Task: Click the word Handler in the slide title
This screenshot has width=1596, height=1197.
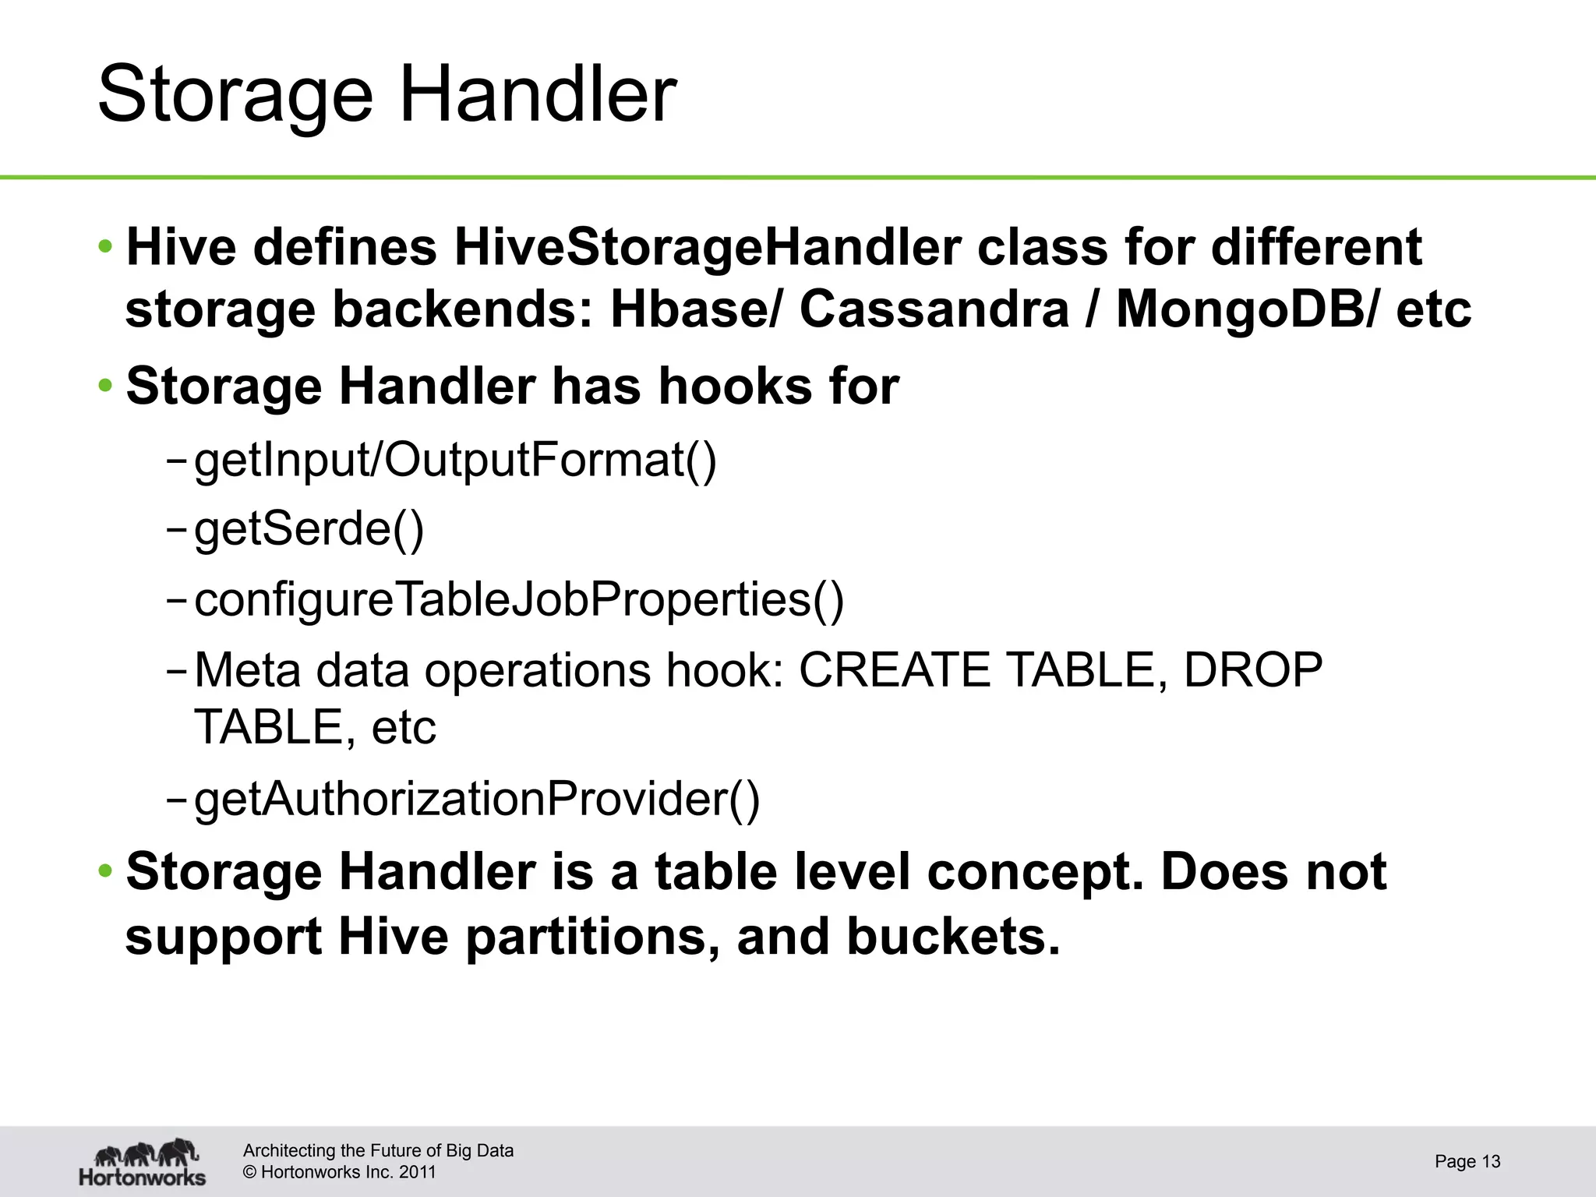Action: coord(538,95)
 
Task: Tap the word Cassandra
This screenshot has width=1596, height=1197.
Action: coord(934,309)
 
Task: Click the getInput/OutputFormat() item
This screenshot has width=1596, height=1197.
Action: coord(454,460)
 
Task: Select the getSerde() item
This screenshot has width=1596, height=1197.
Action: coord(309,530)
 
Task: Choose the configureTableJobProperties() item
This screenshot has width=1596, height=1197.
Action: coord(518,600)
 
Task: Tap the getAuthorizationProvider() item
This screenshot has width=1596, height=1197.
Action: coord(476,800)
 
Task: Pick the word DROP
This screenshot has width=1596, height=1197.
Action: coord(1252,670)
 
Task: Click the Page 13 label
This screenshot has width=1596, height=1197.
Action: coord(1467,1162)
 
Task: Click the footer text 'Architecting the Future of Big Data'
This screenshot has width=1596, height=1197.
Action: coord(378,1151)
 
